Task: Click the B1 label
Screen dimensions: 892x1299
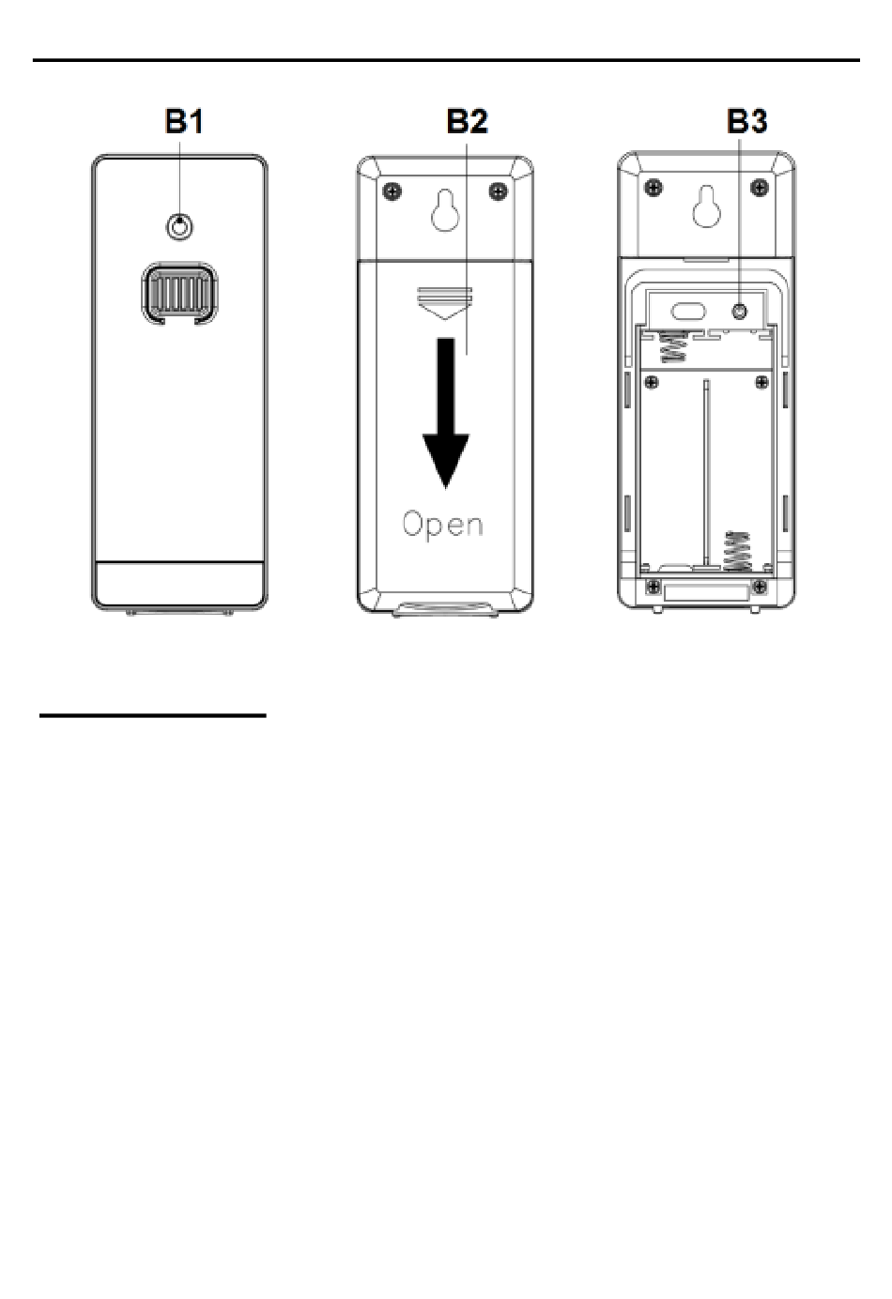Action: [184, 122]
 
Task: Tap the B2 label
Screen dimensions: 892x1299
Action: [467, 122]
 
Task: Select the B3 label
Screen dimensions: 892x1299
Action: [747, 122]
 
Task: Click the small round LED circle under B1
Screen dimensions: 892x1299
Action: [179, 227]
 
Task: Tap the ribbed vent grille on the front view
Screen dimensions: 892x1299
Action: [179, 293]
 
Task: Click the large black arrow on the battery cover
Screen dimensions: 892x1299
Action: [445, 413]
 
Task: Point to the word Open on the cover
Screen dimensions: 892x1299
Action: [442, 524]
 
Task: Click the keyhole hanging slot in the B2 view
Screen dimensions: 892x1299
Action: [445, 212]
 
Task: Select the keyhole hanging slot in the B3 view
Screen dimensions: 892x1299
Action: [707, 207]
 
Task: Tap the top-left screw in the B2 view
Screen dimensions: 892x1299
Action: [393, 191]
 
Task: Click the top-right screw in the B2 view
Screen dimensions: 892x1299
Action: [499, 191]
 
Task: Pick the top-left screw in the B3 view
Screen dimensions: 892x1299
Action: [654, 187]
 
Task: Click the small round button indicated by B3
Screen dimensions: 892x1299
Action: [740, 312]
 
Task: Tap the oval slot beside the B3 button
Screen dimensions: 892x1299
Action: [689, 312]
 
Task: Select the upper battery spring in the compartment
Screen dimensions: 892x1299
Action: [673, 346]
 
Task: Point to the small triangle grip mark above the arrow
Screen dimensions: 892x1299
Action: [445, 303]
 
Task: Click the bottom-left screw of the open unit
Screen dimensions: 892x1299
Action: [654, 587]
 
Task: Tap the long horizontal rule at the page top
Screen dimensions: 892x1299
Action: [446, 60]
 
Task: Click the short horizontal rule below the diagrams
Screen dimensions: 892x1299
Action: [152, 715]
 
